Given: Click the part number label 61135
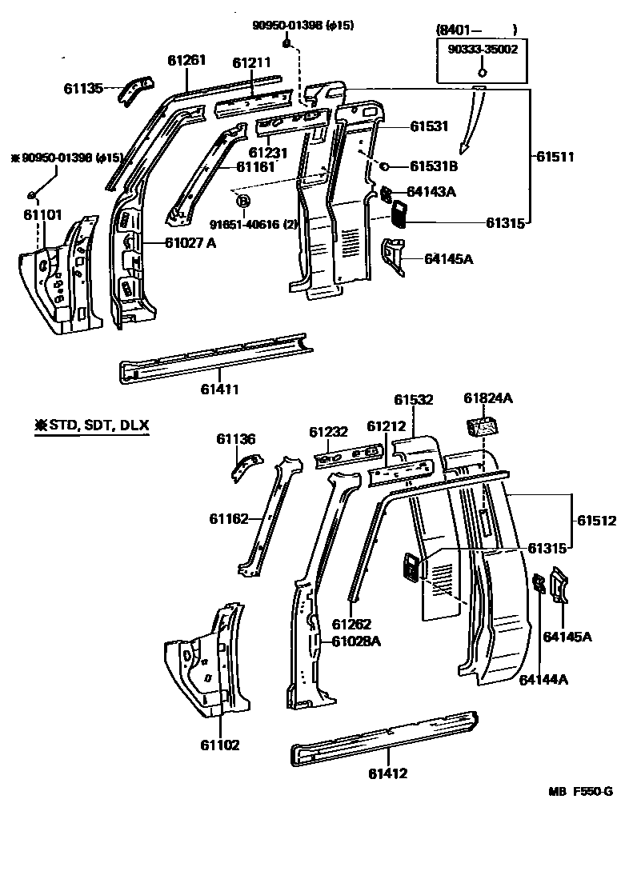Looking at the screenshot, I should pos(84,88).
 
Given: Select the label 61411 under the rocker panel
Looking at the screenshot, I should pos(220,390).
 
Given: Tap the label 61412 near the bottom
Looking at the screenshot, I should pos(388,773).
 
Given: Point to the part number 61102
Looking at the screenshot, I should pos(220,745).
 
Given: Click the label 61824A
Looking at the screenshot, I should pos(488,398).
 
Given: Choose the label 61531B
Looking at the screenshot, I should pos(434,166).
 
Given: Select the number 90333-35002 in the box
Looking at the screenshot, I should pos(483,49).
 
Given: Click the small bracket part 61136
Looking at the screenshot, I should pos(246,465).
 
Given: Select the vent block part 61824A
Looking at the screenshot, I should pos(482,426).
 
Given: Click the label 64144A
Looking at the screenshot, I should pos(543,680).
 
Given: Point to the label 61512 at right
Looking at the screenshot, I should pos(596,521).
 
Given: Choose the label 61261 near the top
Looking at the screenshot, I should pos(186,61).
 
